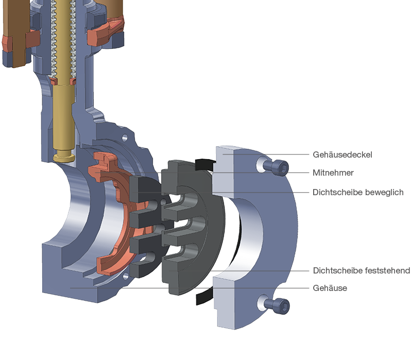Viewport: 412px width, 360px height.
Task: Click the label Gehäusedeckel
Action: click(x=342, y=155)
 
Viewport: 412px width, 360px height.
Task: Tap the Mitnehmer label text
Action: click(x=333, y=173)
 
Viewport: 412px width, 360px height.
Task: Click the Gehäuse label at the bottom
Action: click(x=330, y=288)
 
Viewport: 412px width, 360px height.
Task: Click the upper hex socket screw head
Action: click(x=280, y=167)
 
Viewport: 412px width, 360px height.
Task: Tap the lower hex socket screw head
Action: click(x=281, y=306)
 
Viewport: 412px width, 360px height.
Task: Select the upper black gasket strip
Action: click(x=205, y=164)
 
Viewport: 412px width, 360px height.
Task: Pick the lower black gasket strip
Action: click(x=204, y=296)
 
